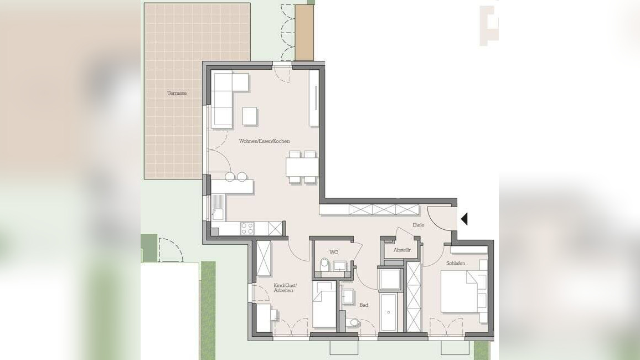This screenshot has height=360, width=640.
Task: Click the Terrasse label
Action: tap(177, 93)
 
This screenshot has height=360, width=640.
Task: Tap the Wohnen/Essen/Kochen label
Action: tap(264, 141)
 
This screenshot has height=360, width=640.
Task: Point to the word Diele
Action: tap(418, 225)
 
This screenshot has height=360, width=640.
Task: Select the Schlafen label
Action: tap(456, 263)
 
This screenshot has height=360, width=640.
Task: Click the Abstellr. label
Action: tap(402, 250)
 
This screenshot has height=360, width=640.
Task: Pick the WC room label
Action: tap(333, 252)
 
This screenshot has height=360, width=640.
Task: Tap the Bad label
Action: tap(364, 305)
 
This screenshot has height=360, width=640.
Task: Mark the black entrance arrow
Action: tap(464, 219)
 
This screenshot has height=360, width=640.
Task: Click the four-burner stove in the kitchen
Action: tap(247, 228)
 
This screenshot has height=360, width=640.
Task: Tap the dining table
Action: tap(302, 167)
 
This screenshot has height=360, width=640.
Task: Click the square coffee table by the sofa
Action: tap(250, 116)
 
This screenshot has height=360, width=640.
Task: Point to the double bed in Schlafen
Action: tap(459, 292)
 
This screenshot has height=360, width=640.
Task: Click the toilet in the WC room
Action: tap(324, 264)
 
